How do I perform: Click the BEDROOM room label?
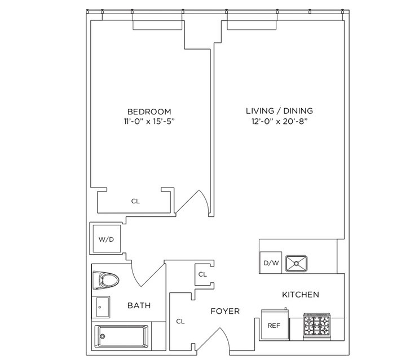[x=149, y=112]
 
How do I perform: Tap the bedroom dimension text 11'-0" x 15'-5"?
[x=149, y=122]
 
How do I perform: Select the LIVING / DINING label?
[x=279, y=111]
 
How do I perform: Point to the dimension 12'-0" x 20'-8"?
[x=280, y=122]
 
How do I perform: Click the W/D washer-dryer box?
[x=107, y=238]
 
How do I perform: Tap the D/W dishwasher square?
[x=271, y=263]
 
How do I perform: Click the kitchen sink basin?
[x=296, y=264]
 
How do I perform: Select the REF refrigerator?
[x=275, y=325]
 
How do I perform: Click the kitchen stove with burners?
[x=317, y=327]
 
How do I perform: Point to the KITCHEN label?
[x=301, y=295]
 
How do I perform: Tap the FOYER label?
[x=225, y=311]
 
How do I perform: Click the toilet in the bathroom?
[x=106, y=280]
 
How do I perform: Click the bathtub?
[x=122, y=336]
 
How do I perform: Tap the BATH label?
[x=139, y=305]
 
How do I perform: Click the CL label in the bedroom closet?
[x=135, y=201]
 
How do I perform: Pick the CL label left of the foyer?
[x=180, y=321]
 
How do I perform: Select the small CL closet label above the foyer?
[x=202, y=274]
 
